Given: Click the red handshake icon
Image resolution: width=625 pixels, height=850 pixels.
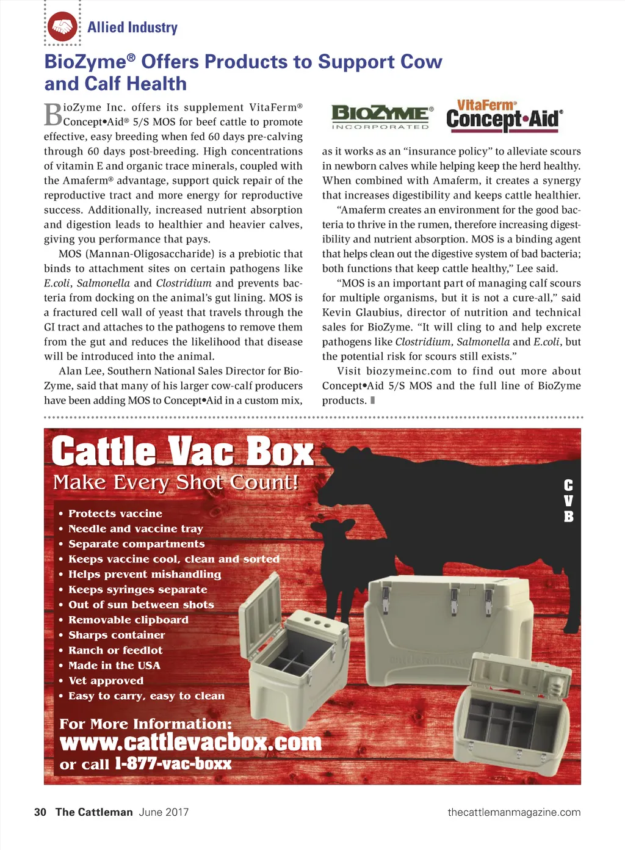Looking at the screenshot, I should pos(62,27).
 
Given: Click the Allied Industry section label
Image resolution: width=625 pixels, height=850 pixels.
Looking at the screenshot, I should pos(132,27).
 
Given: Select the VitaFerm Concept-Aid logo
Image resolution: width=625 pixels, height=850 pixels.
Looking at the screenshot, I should pos(504,115).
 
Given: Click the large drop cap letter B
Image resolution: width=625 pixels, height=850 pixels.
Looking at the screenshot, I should pos(53,114).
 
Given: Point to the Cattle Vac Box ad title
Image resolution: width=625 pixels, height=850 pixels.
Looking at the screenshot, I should pos(182,452).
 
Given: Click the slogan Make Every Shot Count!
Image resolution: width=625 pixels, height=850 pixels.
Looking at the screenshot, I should pos(176,482).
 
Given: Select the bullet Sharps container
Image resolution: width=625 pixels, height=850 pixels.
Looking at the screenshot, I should pos(117,635).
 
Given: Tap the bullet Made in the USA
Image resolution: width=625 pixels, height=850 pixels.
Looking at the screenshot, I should pos(114,666).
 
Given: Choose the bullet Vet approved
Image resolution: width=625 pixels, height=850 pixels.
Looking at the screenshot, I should pos(106,681).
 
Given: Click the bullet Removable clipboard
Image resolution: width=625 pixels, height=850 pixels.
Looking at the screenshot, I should pos(128,620).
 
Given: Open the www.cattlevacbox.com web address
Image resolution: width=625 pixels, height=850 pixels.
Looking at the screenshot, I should pos(190,743).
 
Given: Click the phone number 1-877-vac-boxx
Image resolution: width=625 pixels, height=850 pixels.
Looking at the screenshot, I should pos(173,764).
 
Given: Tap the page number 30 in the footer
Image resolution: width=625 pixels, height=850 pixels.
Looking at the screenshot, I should pos(40,812).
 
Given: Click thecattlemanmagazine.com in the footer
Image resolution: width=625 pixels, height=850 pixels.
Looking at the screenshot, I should pos(514,812).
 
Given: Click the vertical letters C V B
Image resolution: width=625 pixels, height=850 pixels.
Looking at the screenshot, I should pos(568,501).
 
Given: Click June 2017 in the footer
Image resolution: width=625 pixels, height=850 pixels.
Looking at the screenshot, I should pos(164,812).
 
